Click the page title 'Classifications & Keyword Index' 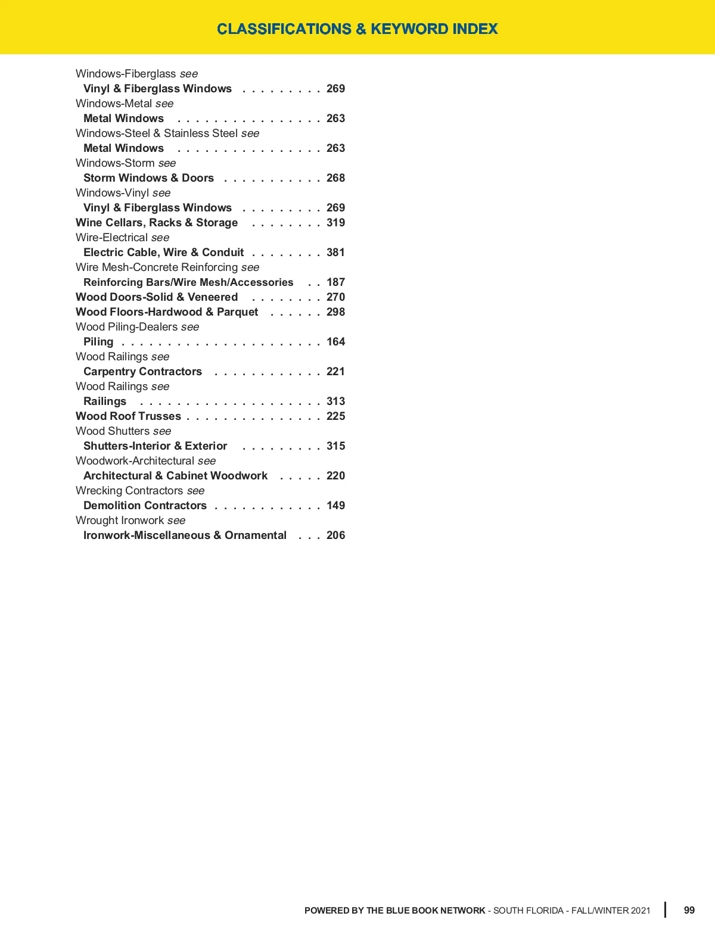tap(357, 29)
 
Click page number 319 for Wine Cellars tap(335, 223)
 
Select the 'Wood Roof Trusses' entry tap(128, 416)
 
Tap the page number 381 tap(335, 253)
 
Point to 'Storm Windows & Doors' tap(148, 178)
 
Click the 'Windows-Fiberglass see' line tap(136, 74)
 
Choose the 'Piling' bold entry tap(98, 342)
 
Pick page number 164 tap(335, 342)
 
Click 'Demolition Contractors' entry tap(145, 506)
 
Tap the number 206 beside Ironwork tap(335, 535)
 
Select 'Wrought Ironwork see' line tap(130, 521)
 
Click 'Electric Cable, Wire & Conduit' tap(163, 253)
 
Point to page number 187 tap(335, 282)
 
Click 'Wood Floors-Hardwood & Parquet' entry tap(167, 312)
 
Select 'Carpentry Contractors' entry tap(142, 372)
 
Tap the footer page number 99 tap(689, 910)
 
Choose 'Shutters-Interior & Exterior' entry tap(155, 446)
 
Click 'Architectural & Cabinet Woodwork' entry tap(175, 476)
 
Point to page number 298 tap(335, 312)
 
